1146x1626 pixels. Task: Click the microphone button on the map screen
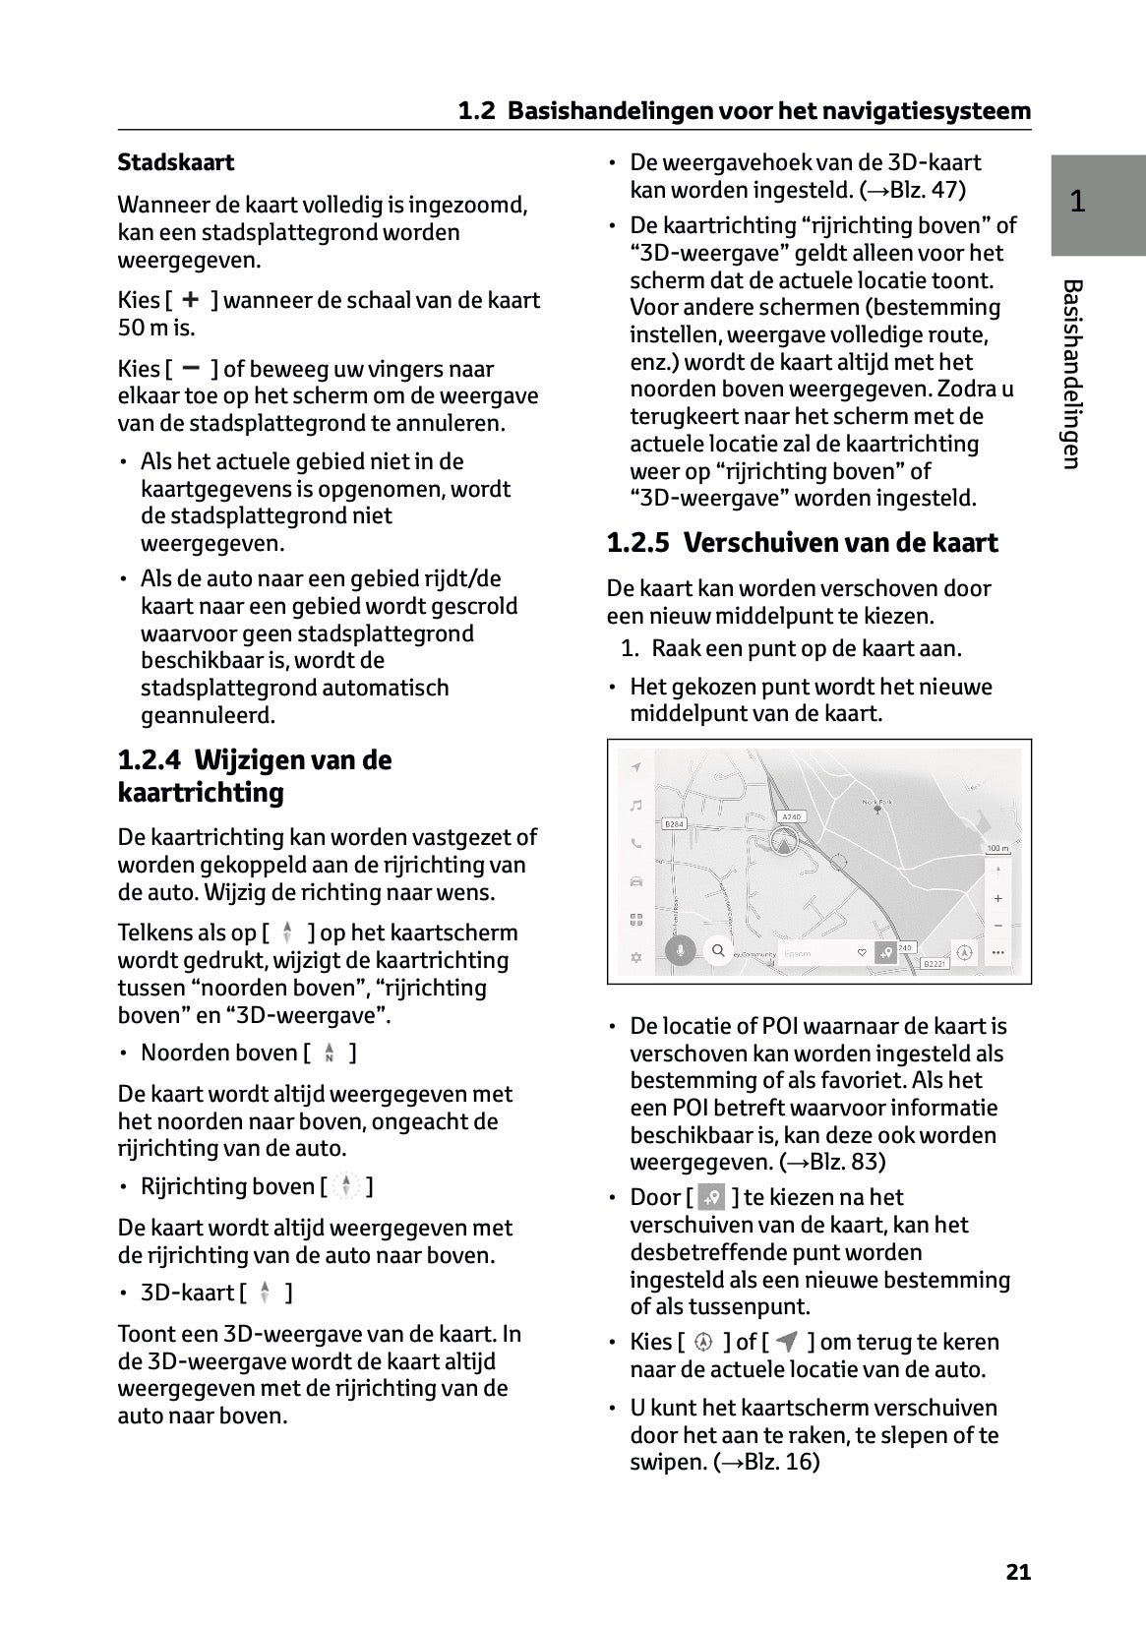pyautogui.click(x=680, y=951)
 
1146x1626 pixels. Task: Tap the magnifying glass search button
pyautogui.click(x=719, y=951)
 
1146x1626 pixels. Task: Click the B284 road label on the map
pyautogui.click(x=674, y=823)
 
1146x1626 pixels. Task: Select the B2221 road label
pyautogui.click(x=935, y=964)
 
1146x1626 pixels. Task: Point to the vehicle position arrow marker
pyautogui.click(x=783, y=841)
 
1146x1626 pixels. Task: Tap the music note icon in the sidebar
pyautogui.click(x=636, y=806)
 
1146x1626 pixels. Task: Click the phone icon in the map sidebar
pyautogui.click(x=636, y=843)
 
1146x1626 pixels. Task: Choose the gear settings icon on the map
pyautogui.click(x=636, y=957)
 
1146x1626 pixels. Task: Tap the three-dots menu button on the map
pyautogui.click(x=998, y=952)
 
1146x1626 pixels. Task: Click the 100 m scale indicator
pyautogui.click(x=997, y=848)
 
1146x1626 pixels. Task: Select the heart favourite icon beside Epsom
pyautogui.click(x=863, y=952)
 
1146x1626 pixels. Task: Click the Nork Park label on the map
pyautogui.click(x=875, y=803)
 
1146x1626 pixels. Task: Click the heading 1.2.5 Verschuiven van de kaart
pyautogui.click(x=802, y=543)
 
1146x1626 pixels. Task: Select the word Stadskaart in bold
pyautogui.click(x=176, y=162)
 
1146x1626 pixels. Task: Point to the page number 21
pyautogui.click(x=1018, y=1572)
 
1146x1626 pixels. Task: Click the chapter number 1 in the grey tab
pyautogui.click(x=1078, y=202)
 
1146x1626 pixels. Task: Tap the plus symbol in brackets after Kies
pyautogui.click(x=191, y=300)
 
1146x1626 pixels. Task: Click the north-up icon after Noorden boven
pyautogui.click(x=329, y=1054)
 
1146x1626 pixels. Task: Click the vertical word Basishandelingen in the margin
pyautogui.click(x=1073, y=374)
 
